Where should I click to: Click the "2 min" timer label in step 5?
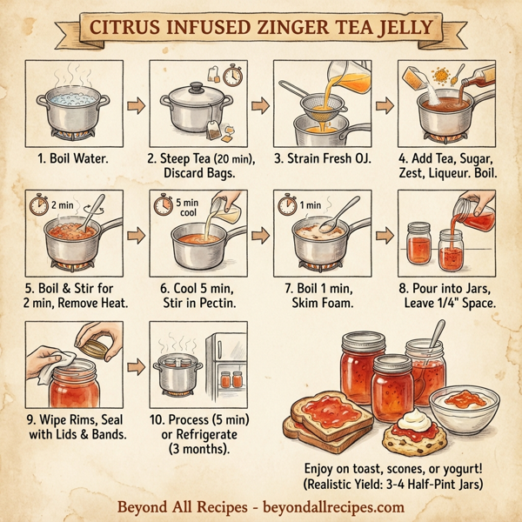coord(63,205)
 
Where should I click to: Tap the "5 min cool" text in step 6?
coord(189,206)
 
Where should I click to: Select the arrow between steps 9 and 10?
coord(135,365)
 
